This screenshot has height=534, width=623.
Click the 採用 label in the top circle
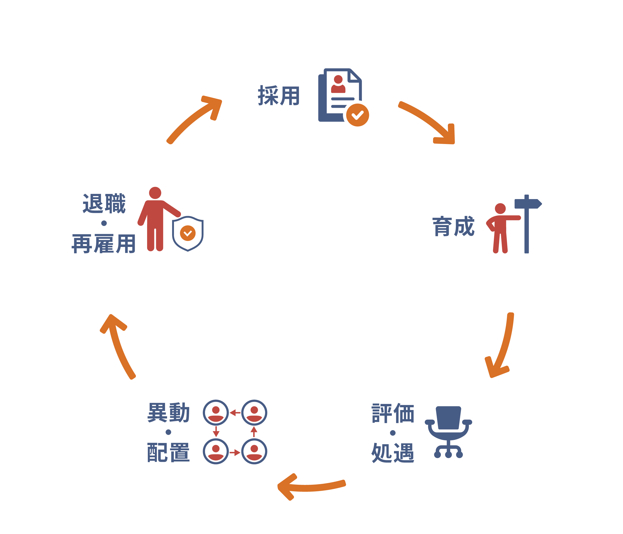(x=278, y=95)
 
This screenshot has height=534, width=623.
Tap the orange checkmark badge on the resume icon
(x=358, y=115)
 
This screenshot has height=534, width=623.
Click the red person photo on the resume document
(x=338, y=84)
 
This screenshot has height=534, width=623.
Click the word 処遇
(x=393, y=453)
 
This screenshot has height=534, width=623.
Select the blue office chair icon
(x=448, y=431)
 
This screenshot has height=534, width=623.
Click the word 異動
(x=168, y=413)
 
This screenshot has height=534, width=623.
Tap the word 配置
(x=168, y=452)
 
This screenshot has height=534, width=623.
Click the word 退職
(x=104, y=204)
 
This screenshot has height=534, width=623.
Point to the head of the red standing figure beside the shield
(x=155, y=193)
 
